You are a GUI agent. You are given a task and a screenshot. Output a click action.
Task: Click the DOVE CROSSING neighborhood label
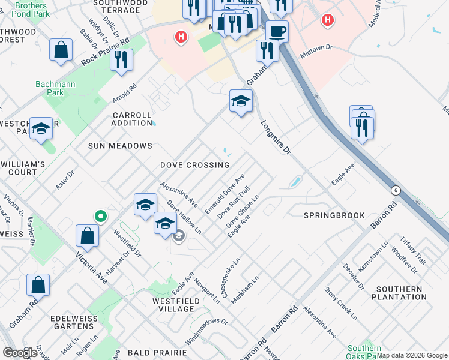point(194,165)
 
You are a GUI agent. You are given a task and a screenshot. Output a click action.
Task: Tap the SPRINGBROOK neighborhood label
point(334,215)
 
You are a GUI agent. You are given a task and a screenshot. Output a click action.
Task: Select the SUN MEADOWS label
point(120,146)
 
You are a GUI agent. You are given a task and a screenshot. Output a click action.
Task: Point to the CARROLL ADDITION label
point(132,119)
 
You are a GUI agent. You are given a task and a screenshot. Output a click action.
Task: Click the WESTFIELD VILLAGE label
point(173,305)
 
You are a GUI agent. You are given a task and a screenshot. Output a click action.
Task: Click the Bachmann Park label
point(55,88)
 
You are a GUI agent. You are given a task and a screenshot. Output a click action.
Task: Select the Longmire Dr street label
point(276,138)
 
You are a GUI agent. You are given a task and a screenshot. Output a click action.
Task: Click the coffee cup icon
point(277,31)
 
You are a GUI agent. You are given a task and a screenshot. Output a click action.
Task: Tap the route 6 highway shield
point(396,190)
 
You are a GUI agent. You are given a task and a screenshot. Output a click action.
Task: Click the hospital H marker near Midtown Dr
point(327,21)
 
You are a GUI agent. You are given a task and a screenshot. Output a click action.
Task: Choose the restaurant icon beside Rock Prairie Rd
point(122,60)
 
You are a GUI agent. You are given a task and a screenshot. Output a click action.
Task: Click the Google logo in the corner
point(20,353)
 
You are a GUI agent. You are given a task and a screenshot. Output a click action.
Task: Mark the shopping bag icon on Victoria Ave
point(87,235)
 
